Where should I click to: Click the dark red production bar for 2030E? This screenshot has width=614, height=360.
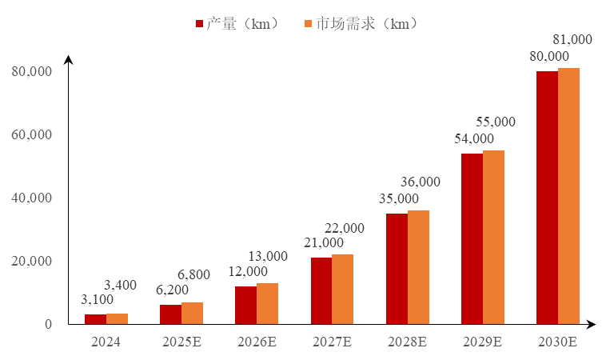point(547,198)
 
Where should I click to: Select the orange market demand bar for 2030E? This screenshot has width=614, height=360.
point(568,196)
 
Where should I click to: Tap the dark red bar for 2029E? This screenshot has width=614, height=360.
point(472,238)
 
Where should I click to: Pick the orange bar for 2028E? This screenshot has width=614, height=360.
point(418,267)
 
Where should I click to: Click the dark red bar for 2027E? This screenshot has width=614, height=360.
point(321,290)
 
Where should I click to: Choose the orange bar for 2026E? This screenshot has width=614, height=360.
point(268,304)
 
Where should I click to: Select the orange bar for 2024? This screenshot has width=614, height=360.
point(118,319)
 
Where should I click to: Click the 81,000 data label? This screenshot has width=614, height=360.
point(572,39)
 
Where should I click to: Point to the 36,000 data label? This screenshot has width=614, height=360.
point(421,182)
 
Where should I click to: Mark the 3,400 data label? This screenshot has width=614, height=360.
point(121,285)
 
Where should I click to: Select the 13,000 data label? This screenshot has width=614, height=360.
point(269,256)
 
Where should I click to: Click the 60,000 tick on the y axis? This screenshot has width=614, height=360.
point(33,134)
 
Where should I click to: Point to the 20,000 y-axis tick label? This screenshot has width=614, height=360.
point(33,262)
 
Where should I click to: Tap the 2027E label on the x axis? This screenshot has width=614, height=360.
point(332,342)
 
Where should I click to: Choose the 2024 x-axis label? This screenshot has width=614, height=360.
point(106,342)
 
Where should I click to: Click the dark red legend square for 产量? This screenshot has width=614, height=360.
point(200,24)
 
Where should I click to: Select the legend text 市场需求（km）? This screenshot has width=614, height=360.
point(367,24)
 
